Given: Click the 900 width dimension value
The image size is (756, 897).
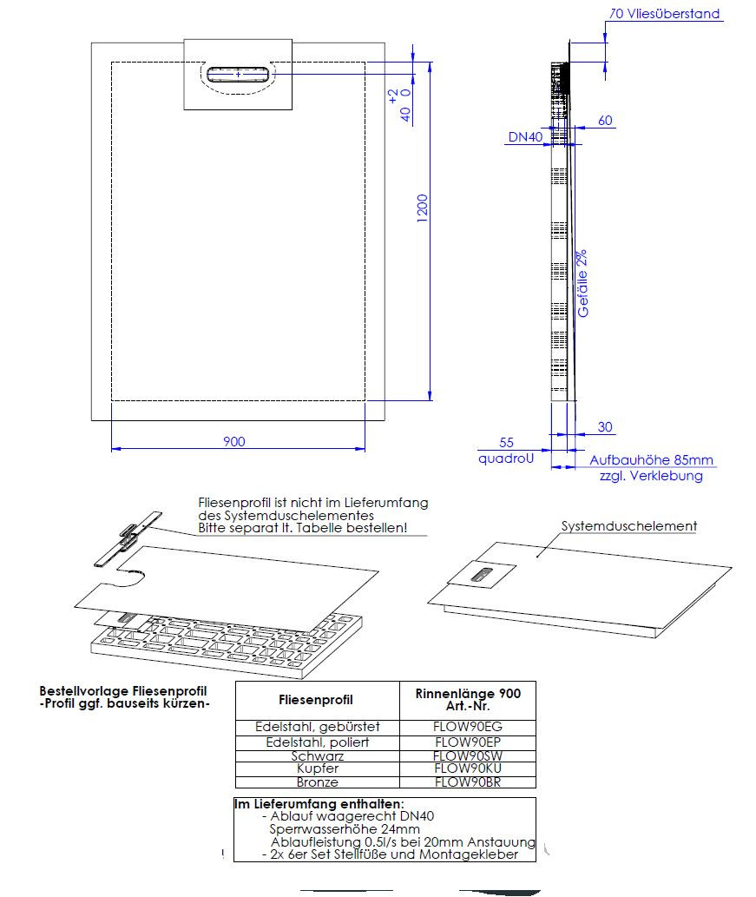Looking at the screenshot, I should coord(234,441).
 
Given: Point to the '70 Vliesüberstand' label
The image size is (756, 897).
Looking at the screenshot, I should coord(665,14).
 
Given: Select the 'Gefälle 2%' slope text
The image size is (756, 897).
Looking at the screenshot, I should coord(582,283).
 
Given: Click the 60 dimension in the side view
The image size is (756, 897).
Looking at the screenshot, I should coord(605,120).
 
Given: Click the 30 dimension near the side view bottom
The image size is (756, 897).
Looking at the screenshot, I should coord(605,426).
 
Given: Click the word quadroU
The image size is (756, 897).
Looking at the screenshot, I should coord(505,459).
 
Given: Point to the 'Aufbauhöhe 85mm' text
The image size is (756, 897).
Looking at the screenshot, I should coord(652,460).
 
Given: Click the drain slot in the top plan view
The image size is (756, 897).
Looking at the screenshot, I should coord(238,74).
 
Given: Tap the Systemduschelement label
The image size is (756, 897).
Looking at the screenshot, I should coord(629,526).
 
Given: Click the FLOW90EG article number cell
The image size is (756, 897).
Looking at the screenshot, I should coord(469,726).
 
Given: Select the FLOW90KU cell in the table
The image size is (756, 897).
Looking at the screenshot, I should coord(469,768).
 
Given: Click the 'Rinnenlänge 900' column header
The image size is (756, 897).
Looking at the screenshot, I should coord(469,694).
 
